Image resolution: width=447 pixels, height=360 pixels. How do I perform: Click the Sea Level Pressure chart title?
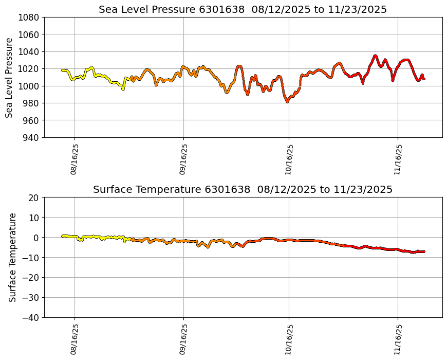click(243, 9)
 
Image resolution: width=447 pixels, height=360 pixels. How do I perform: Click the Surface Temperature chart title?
click(243, 189)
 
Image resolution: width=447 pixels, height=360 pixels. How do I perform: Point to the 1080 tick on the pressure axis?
click(29, 17)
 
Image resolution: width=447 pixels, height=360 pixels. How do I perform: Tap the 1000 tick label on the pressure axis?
click(29, 86)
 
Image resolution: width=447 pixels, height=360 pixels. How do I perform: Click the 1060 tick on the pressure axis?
click(29, 34)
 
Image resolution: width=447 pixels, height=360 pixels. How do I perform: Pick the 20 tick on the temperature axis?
click(34, 197)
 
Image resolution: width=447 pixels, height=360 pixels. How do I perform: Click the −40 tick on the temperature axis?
click(31, 317)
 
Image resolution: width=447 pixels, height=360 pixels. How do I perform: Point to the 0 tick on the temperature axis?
click(36, 238)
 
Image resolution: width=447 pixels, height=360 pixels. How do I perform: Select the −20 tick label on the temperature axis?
click(31, 278)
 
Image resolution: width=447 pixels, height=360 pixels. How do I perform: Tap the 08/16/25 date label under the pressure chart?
click(74, 159)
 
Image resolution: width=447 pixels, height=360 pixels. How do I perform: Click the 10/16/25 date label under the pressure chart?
click(289, 159)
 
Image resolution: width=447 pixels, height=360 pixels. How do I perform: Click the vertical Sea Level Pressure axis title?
click(9, 77)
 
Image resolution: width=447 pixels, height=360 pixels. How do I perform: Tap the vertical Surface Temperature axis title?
click(12, 257)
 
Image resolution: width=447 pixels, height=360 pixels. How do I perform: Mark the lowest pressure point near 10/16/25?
click(288, 101)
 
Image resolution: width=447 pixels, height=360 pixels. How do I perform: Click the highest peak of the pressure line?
click(375, 56)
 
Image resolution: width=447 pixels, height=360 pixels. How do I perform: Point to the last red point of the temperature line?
click(424, 251)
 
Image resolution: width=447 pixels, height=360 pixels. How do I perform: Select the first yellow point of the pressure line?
click(62, 70)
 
